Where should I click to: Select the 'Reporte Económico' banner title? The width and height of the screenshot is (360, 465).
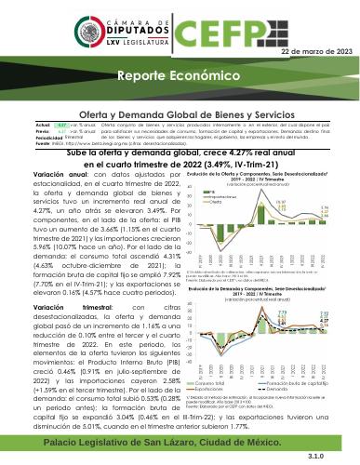tap(140, 73)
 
